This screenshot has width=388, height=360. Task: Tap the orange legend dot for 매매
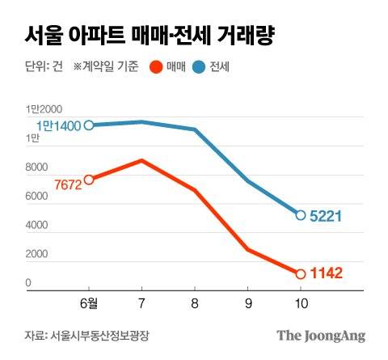[x=158, y=68]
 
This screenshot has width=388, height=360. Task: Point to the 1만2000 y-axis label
[x=44, y=108]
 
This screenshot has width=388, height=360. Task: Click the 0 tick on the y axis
[x=27, y=283]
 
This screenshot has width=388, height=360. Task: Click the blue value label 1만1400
[x=58, y=125]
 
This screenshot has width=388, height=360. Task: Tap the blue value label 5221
[x=327, y=216]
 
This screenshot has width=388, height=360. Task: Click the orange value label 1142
[x=327, y=274]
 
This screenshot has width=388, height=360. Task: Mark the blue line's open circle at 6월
[x=89, y=125]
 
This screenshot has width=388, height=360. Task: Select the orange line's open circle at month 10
[x=301, y=273]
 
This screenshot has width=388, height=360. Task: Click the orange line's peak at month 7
[x=142, y=160]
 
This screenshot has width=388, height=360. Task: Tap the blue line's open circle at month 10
[x=301, y=215]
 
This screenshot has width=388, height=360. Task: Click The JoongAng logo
[x=321, y=335]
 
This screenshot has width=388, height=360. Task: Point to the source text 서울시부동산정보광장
[x=100, y=335]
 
